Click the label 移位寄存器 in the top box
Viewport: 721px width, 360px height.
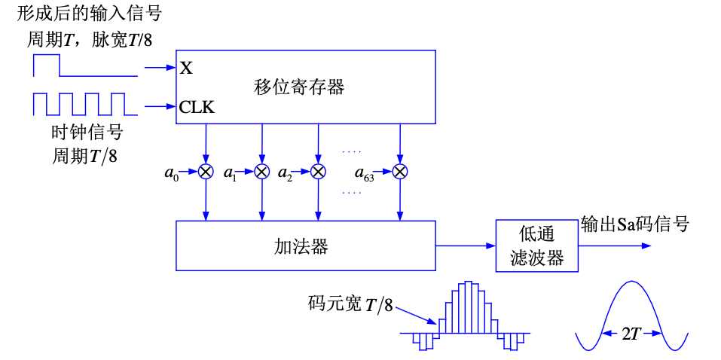[x=298, y=87]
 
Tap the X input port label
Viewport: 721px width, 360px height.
[x=186, y=69]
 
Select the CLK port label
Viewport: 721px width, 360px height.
[x=197, y=107]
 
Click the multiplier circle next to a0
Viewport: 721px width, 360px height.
[x=206, y=172]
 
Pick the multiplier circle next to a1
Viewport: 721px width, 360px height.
[x=261, y=172]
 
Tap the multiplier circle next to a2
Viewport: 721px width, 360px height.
[x=318, y=172]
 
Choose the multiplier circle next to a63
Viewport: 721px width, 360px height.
[x=400, y=172]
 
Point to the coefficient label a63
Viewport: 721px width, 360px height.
[x=364, y=174]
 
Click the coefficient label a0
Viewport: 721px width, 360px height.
[x=171, y=174]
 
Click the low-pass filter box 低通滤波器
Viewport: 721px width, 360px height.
[x=537, y=246]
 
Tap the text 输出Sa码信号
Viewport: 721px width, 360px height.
[x=634, y=224]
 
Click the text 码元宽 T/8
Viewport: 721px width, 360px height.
[x=350, y=305]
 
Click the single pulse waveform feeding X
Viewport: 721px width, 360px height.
[x=85, y=66]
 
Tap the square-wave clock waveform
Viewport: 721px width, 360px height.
[x=85, y=104]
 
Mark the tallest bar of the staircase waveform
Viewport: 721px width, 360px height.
[x=468, y=307]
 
